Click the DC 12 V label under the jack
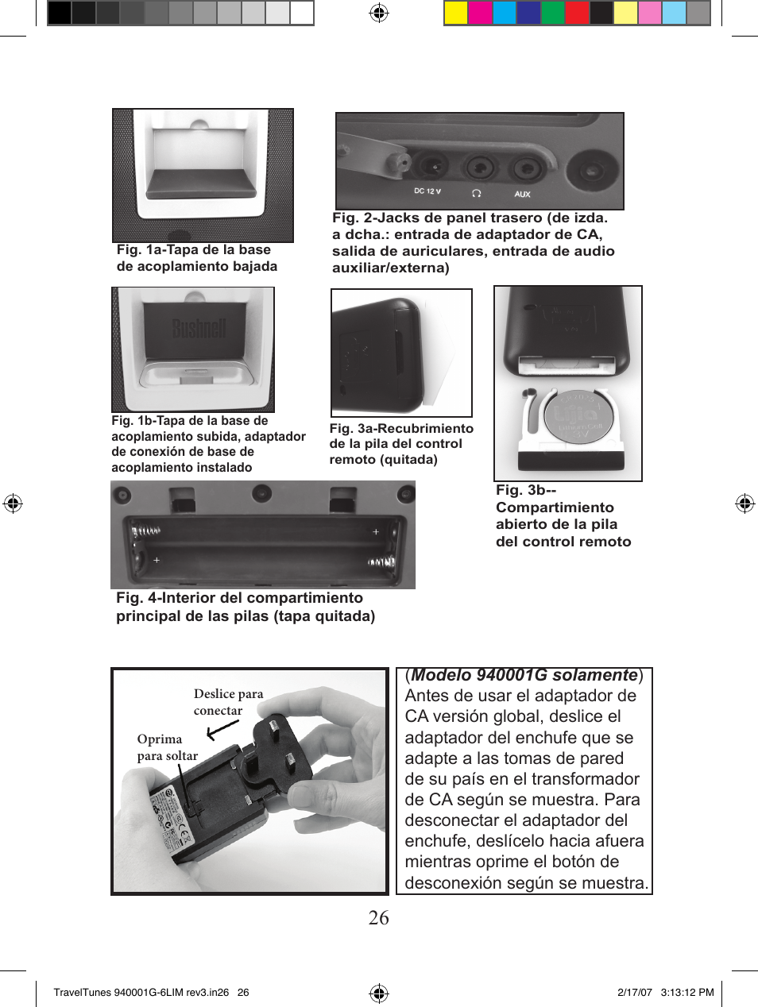[x=427, y=191]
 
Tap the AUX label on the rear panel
[x=522, y=194]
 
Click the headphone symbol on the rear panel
[x=476, y=193]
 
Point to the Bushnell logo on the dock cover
[x=199, y=328]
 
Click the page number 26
[x=378, y=918]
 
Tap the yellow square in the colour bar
[x=455, y=14]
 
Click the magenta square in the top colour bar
[x=480, y=14]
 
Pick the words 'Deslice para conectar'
[x=228, y=702]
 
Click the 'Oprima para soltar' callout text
[x=167, y=747]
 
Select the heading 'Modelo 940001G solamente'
[x=524, y=675]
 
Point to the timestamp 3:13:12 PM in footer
[x=687, y=992]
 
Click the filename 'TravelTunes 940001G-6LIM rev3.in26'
[x=141, y=992]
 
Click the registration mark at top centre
[x=379, y=13]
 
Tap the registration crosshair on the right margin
[x=744, y=503]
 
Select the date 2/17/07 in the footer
[x=634, y=992]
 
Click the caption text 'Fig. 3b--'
[x=525, y=491]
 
